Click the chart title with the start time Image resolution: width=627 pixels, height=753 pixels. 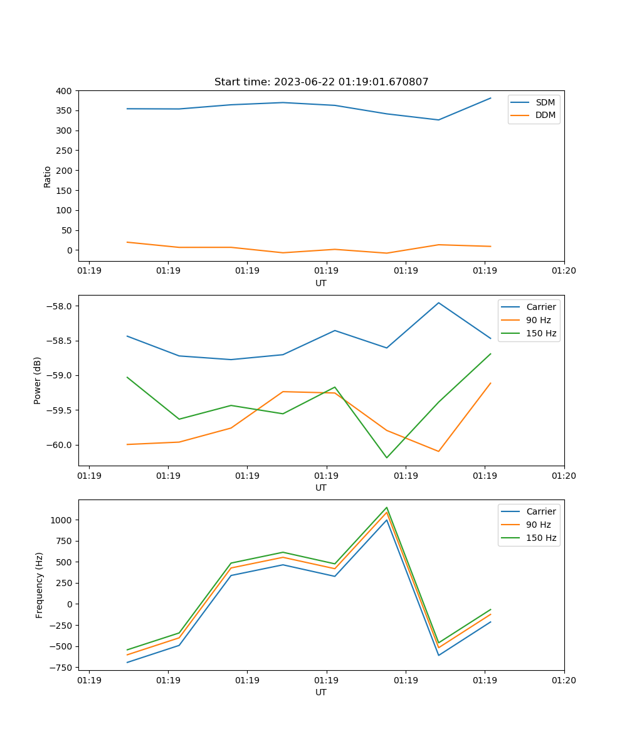(321, 82)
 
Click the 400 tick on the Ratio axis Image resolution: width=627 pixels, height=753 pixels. (64, 91)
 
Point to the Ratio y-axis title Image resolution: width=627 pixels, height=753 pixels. (48, 176)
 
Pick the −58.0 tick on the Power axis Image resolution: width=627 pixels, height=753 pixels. (60, 306)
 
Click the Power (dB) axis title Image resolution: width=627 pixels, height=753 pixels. (38, 380)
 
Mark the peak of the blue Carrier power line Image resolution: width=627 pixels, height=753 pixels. (438, 303)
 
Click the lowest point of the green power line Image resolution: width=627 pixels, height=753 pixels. (386, 457)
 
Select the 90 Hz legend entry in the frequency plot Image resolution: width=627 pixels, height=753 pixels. (538, 525)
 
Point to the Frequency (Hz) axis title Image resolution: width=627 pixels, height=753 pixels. (40, 585)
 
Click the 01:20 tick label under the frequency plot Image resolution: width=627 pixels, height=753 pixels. (564, 679)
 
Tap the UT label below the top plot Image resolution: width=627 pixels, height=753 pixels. (321, 283)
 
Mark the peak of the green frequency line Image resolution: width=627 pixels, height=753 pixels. (386, 508)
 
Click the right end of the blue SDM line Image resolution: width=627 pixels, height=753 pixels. (490, 98)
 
